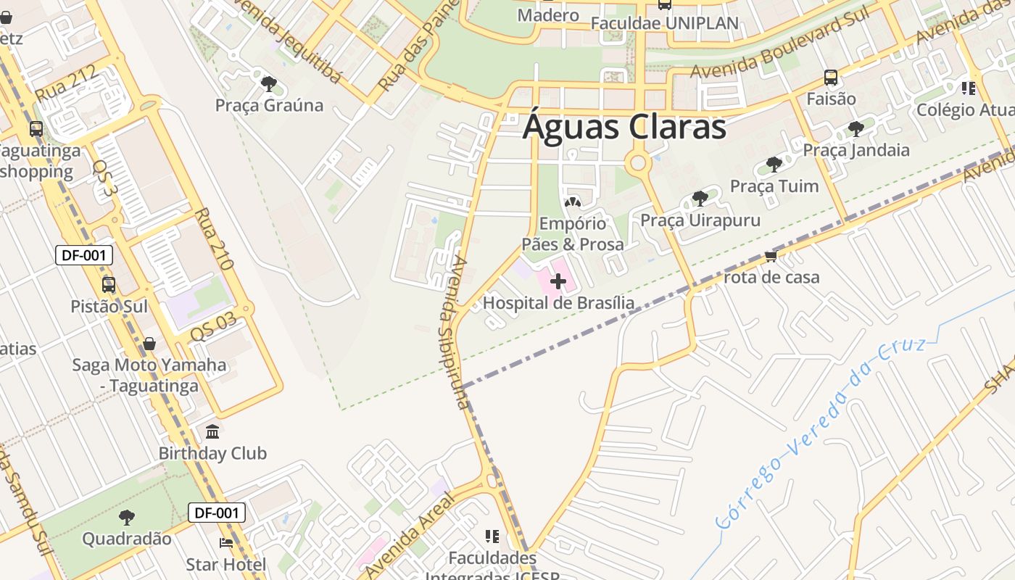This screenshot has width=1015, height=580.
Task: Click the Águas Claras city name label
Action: coord(624,127)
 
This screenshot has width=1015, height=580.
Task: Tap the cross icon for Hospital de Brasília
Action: coord(558,281)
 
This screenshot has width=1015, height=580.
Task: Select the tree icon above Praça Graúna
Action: coord(269,84)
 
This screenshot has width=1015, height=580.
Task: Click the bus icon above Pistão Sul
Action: coord(109,285)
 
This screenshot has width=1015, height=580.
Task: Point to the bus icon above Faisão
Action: coord(831,78)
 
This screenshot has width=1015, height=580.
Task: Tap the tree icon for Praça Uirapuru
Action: coord(700,199)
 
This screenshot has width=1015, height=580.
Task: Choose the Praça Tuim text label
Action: coord(774,186)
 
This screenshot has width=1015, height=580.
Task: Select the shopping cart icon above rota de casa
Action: coord(771,257)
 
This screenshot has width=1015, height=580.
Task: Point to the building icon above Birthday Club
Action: coord(212,432)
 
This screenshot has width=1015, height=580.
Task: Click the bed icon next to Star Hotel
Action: coord(226,543)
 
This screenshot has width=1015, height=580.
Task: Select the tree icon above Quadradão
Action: coord(127,518)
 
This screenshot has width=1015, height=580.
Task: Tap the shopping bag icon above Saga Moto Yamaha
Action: coord(149,344)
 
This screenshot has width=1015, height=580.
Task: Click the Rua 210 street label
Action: coord(214,239)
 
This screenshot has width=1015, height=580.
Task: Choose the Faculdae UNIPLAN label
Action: coord(664,23)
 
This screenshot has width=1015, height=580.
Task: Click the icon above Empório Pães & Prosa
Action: coord(572,203)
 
